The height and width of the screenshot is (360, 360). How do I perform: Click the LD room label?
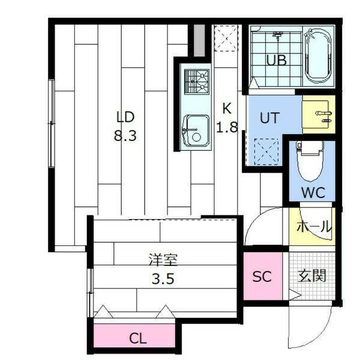(125, 116)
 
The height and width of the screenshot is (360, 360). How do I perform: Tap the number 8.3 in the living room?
(125, 135)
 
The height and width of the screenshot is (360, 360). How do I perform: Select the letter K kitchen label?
(227, 109)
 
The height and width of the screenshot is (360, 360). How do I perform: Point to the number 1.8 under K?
(227, 127)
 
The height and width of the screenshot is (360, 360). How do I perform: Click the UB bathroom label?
(277, 61)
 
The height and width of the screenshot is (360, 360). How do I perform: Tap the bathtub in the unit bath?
(319, 56)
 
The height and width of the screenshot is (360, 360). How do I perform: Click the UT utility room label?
(270, 118)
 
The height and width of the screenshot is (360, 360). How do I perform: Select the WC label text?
(313, 193)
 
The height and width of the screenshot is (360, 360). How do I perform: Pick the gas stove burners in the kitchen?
(197, 82)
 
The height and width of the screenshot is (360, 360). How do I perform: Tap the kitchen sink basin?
(196, 130)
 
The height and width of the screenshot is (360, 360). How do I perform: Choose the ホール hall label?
(314, 227)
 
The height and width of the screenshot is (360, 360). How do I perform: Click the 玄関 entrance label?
(312, 275)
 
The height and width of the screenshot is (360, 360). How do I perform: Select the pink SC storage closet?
(263, 276)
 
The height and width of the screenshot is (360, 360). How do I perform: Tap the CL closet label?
(137, 338)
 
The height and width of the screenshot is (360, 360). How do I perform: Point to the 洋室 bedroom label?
(163, 260)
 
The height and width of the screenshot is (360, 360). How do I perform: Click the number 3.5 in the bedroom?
(163, 279)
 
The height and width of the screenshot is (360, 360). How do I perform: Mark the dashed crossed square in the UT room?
(266, 152)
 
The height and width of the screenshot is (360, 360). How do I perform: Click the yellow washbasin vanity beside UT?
(319, 115)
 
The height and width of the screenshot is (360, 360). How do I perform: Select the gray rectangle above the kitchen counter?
(199, 40)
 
